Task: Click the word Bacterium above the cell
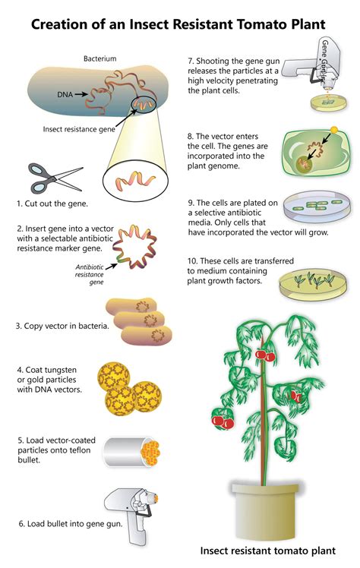pos(99,58)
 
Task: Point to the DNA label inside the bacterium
pos(66,94)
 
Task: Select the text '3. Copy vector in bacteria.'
pos(62,327)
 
